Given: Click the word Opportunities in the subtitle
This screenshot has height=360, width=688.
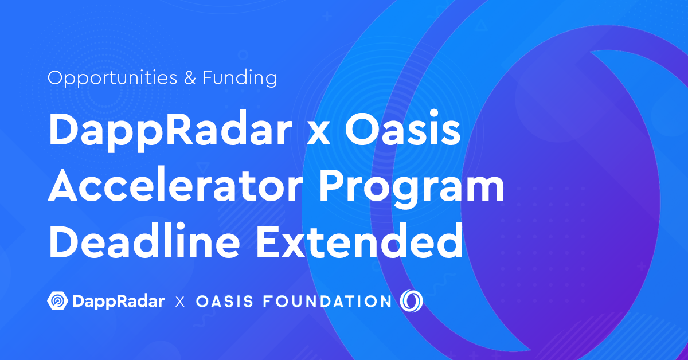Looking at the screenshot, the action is (x=112, y=78).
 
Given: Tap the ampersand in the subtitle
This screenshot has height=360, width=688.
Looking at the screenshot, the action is (x=190, y=77).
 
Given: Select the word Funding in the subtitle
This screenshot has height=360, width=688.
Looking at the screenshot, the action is (x=240, y=78).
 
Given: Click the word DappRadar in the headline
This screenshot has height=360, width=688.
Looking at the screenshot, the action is (x=170, y=131).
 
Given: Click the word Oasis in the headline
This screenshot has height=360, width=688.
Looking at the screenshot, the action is (x=402, y=129).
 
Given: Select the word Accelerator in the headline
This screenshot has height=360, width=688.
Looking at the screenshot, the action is (x=175, y=185).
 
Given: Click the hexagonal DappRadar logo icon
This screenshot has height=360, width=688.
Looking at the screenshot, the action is (x=58, y=301).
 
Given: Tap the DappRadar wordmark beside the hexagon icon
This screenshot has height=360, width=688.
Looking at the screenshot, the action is (x=119, y=302).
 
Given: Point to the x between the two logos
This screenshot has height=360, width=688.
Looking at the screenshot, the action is (x=180, y=302).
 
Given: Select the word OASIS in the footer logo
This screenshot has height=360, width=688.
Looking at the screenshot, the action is (x=225, y=302).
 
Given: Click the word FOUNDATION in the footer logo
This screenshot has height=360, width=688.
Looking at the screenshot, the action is (x=327, y=302).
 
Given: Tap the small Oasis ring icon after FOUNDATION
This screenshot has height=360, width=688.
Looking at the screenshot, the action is (x=411, y=301).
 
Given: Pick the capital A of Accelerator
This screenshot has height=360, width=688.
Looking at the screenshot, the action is (x=63, y=185).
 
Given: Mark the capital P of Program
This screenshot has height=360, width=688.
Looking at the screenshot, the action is (x=333, y=185).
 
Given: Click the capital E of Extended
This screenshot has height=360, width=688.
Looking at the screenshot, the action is (x=268, y=240).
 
